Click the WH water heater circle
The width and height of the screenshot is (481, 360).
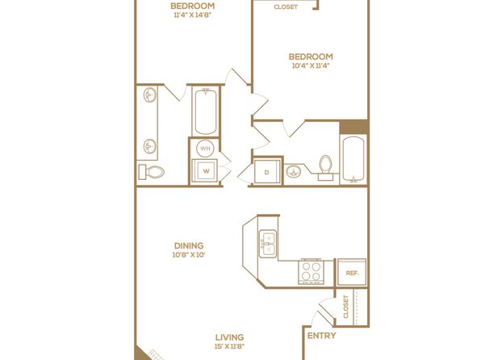(205, 149)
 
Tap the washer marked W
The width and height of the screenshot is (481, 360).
(205, 171)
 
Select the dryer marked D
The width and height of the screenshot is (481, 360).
(267, 172)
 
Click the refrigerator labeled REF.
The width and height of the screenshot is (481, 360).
(352, 273)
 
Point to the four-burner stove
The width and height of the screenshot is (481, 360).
(311, 271)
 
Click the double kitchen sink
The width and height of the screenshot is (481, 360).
(268, 244)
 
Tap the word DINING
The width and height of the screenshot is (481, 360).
(189, 245)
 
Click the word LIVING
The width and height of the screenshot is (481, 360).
(229, 337)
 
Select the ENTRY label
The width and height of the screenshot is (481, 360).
(321, 336)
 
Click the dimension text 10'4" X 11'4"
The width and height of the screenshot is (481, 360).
(311, 65)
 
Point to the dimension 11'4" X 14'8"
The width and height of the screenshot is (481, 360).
(193, 15)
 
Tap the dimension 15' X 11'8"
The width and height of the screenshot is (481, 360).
(229, 346)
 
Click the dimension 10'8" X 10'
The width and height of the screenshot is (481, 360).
(189, 255)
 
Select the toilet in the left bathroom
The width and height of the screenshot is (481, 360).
(152, 172)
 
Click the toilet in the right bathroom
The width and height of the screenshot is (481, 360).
(325, 167)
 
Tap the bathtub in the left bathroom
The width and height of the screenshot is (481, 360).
(205, 111)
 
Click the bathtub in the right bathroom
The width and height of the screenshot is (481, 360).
(353, 160)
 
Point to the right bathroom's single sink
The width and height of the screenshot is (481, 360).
(294, 171)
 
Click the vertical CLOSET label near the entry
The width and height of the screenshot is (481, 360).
(346, 307)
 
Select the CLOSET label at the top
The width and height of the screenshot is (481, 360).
(286, 6)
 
